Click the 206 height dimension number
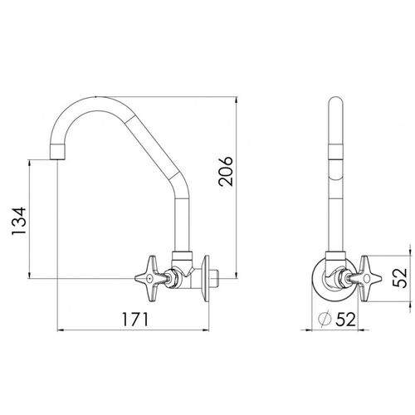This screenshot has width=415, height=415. [226, 171]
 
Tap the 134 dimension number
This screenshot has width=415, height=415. [19, 221]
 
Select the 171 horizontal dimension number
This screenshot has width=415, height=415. [135, 320]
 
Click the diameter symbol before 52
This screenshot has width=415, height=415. [325, 320]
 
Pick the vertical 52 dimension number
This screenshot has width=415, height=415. [400, 278]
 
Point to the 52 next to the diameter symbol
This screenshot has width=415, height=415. [345, 320]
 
